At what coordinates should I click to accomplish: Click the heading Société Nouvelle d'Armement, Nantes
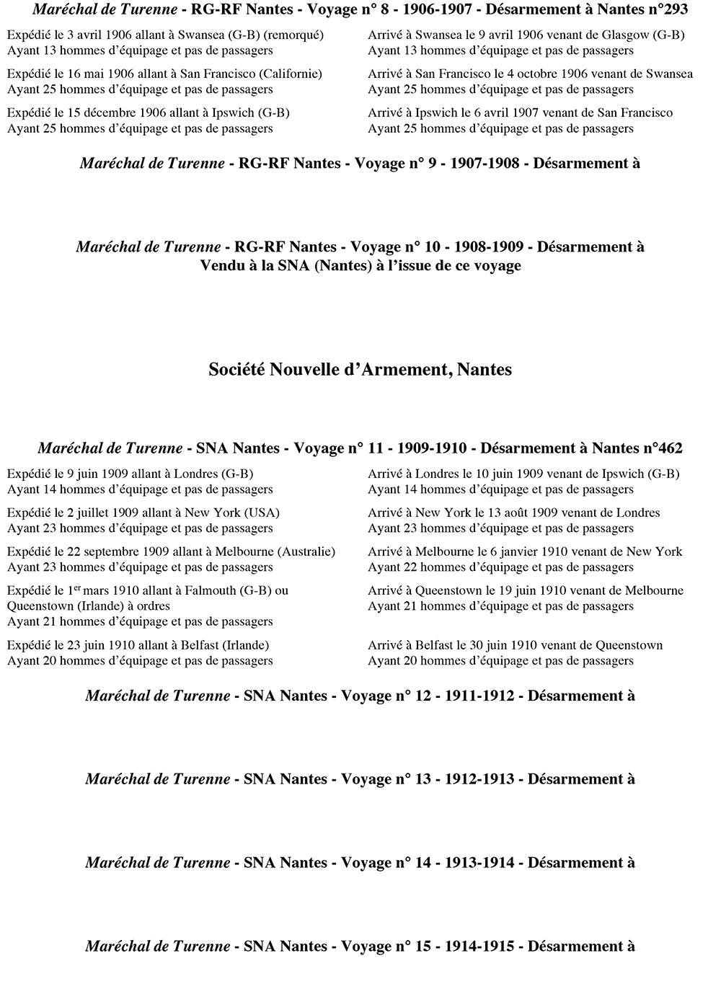click(360, 370)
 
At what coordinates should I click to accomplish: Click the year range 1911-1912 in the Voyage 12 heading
click(479, 696)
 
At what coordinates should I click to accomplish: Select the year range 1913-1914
click(479, 864)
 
